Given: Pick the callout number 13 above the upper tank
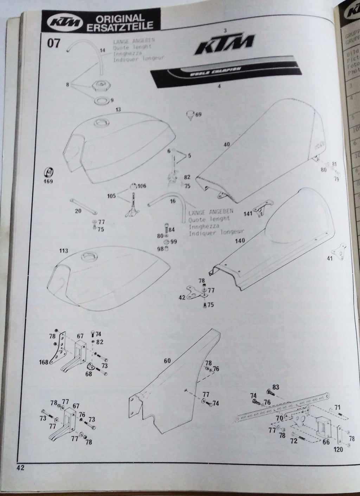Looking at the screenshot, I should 118,109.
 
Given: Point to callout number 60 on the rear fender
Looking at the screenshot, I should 167,360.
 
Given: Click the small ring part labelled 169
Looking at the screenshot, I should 49,172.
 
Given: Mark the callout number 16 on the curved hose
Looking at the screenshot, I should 172,201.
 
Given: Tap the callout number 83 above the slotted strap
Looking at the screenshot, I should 276,387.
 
